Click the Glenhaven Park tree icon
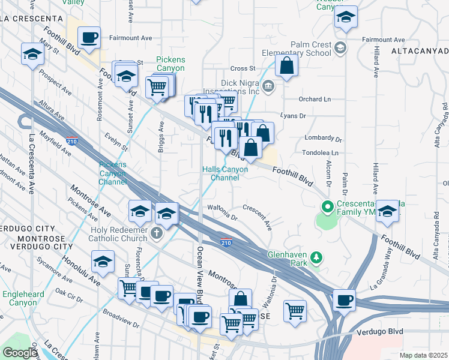[316, 258]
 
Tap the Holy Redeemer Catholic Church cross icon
[157, 233]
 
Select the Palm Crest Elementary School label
[310, 49]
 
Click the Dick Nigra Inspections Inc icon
[268, 87]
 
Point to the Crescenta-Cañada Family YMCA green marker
[327, 208]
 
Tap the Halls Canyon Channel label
[224, 174]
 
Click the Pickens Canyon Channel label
[113, 173]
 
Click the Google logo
[20, 352]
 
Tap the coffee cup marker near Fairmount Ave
[89, 37]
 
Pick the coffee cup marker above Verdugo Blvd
[344, 299]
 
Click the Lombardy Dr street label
[323, 139]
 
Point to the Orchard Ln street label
[315, 99]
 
